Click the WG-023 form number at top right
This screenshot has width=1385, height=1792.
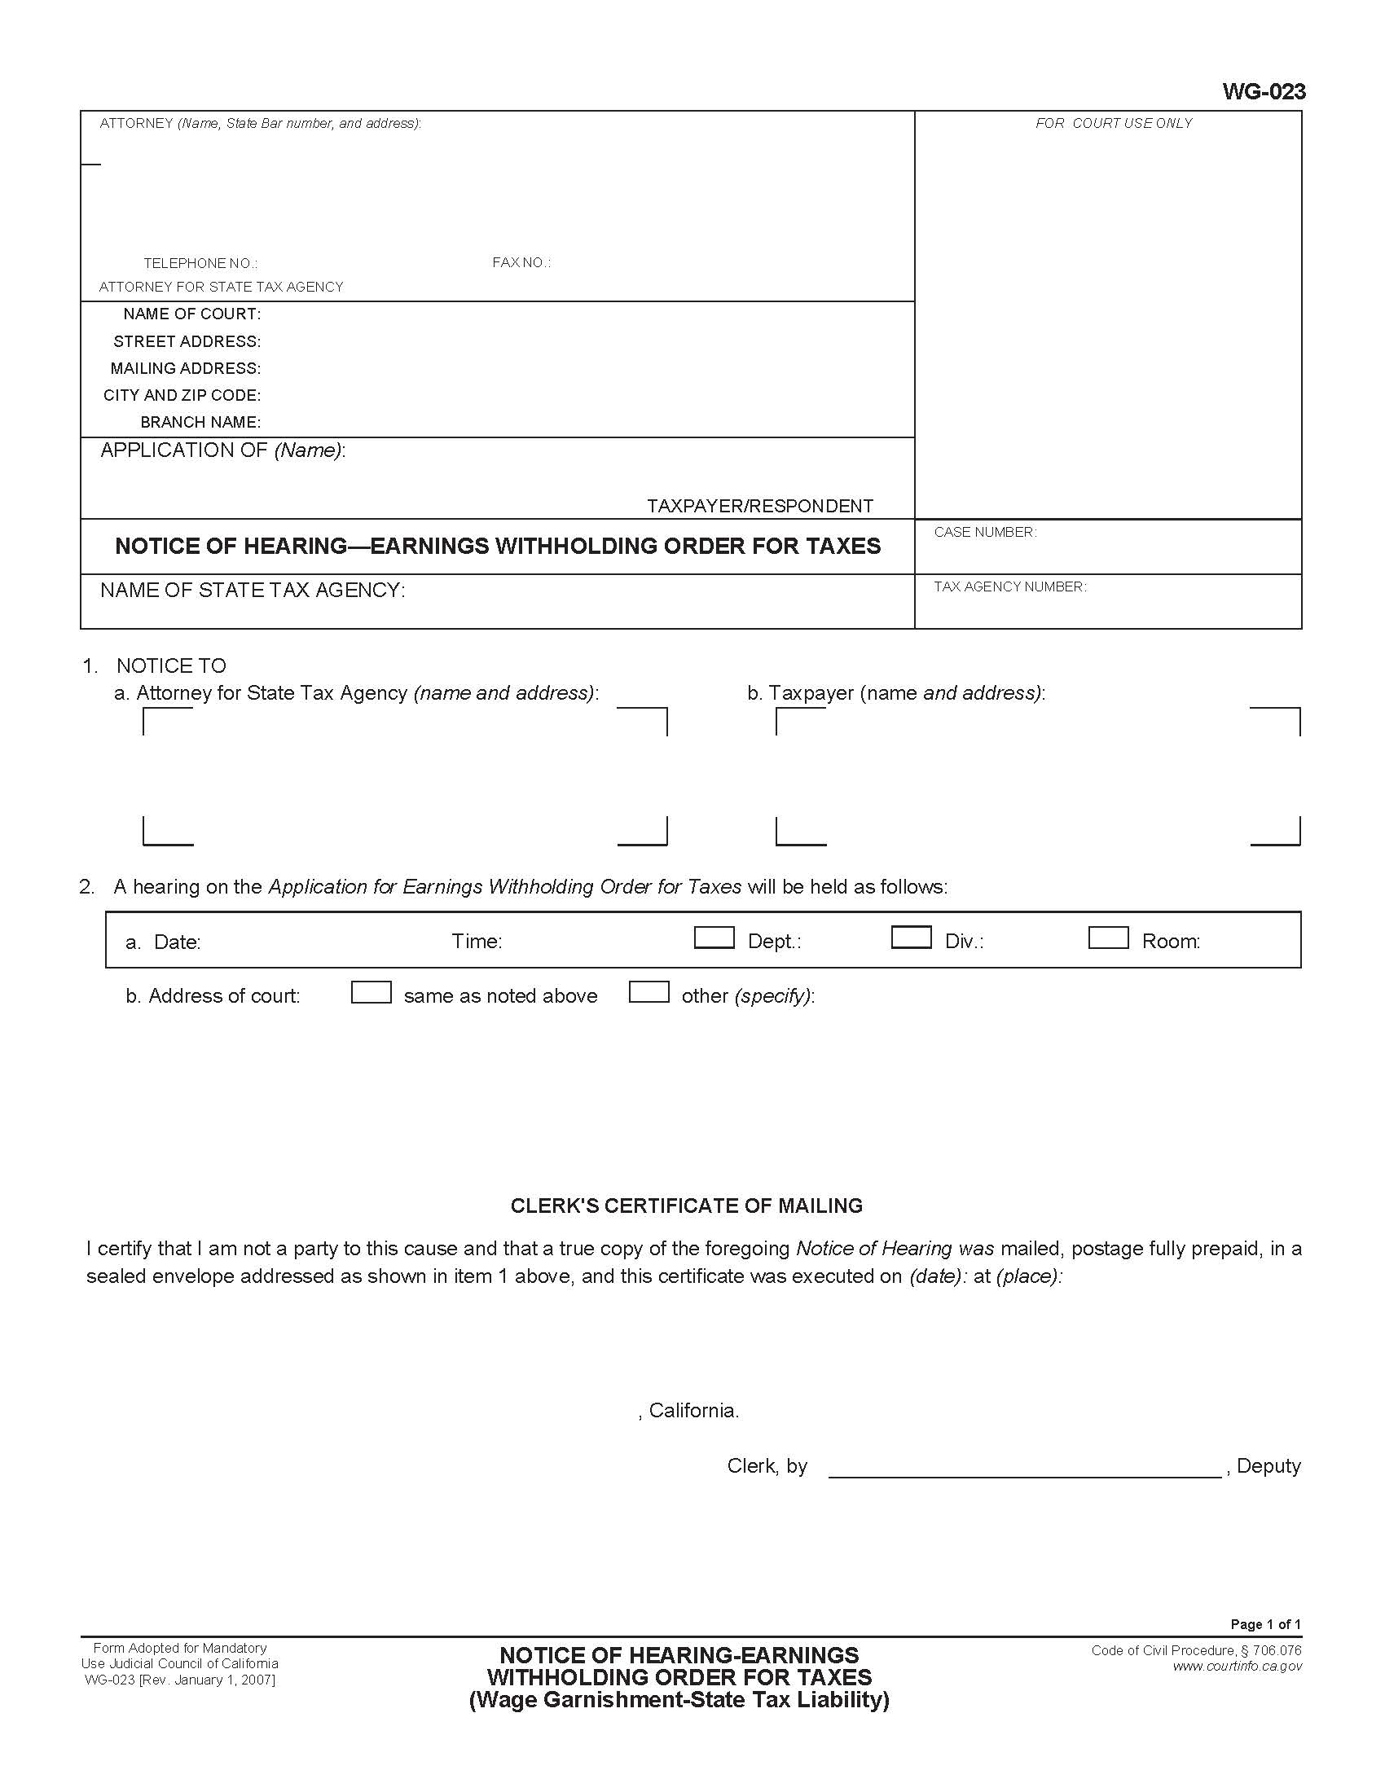click(1263, 91)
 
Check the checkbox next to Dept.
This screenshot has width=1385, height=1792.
click(714, 938)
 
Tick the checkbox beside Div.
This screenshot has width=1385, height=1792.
click(911, 938)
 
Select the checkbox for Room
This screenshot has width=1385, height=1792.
click(1108, 938)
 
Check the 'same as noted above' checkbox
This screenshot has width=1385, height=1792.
click(371, 993)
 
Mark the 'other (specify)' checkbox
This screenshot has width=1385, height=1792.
click(649, 993)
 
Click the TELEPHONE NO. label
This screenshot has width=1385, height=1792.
click(200, 263)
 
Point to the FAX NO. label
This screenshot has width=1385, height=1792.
click(521, 262)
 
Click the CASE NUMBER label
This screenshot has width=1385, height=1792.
click(985, 533)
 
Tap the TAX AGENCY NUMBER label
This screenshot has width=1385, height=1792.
click(1009, 586)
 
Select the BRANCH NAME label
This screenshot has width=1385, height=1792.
click(200, 423)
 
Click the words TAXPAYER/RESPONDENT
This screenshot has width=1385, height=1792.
click(760, 507)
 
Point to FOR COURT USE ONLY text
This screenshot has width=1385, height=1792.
click(1114, 124)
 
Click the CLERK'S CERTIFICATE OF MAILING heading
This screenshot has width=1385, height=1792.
click(686, 1206)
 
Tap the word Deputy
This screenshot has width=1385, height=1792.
click(1268, 1466)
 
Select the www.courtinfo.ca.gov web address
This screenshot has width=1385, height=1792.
click(1237, 1667)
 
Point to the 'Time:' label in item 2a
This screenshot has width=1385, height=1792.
click(477, 941)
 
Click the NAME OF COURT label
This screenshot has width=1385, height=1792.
click(192, 314)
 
